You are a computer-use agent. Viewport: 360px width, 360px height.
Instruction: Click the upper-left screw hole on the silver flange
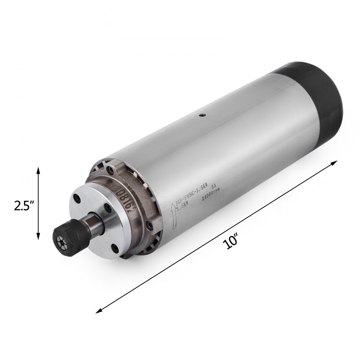click(77, 198)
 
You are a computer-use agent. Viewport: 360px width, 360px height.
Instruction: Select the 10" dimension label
click(230, 242)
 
